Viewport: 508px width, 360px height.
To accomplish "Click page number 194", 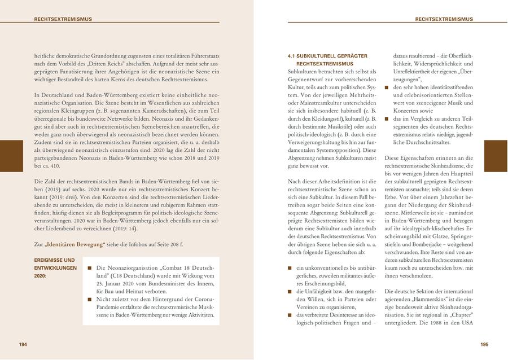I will [23, 344].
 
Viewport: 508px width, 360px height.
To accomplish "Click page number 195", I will [484, 344].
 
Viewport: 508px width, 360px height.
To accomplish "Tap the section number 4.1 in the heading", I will [292, 56].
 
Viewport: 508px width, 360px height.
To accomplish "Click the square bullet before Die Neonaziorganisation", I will [90, 268].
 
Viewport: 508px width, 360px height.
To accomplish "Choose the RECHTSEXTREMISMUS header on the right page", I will [444, 19].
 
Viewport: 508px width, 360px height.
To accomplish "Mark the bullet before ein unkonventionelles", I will [291, 267].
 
